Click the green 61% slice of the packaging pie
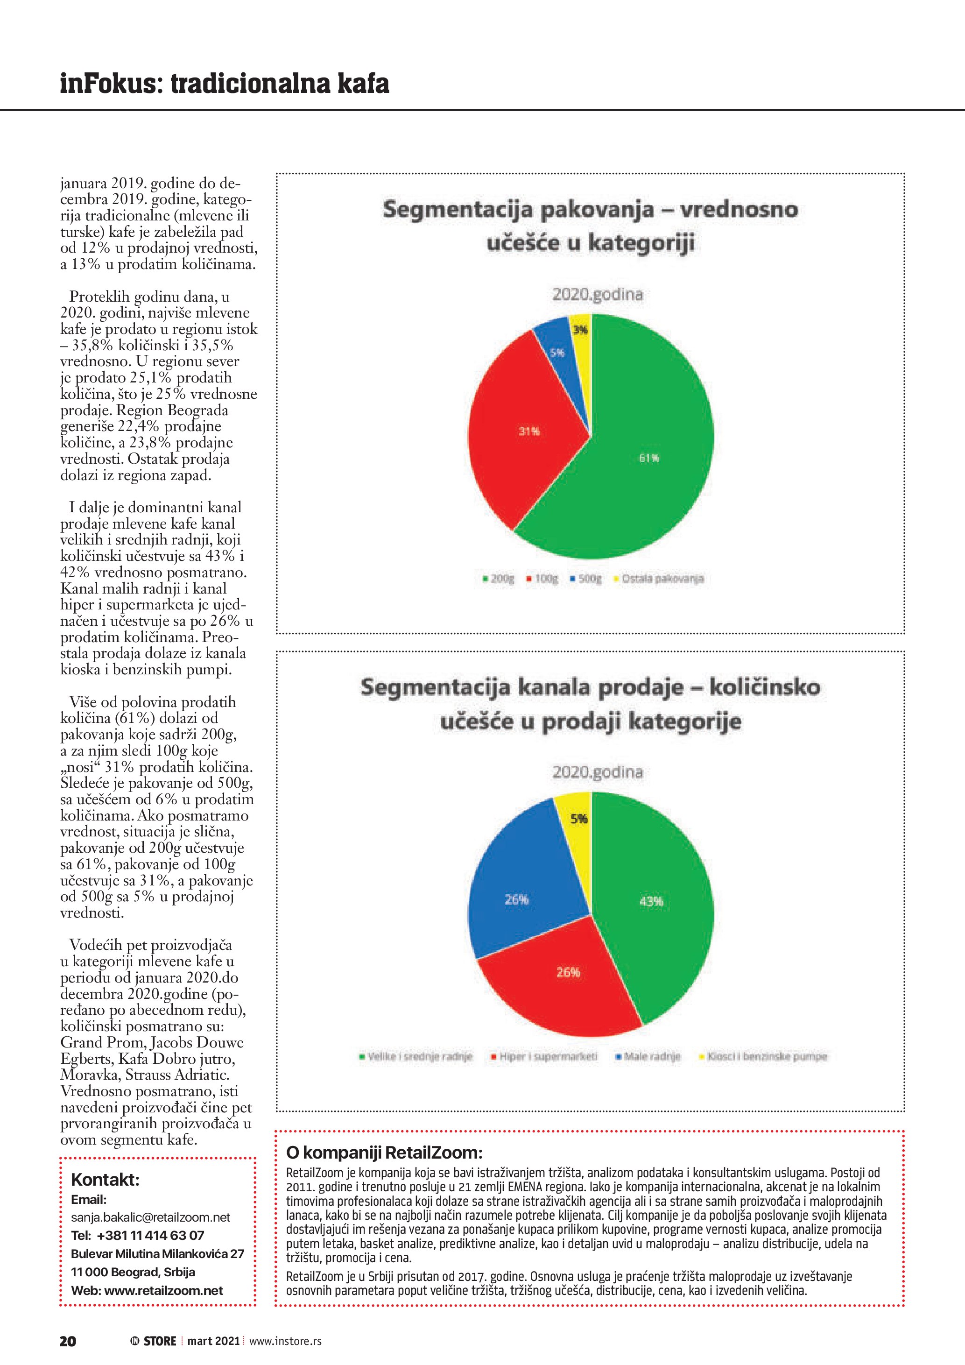click(648, 458)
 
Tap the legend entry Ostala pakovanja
click(660, 579)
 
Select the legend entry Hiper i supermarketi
click(544, 1056)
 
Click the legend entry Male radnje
click(648, 1056)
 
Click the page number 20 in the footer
click(68, 1341)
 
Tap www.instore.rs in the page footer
click(285, 1341)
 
